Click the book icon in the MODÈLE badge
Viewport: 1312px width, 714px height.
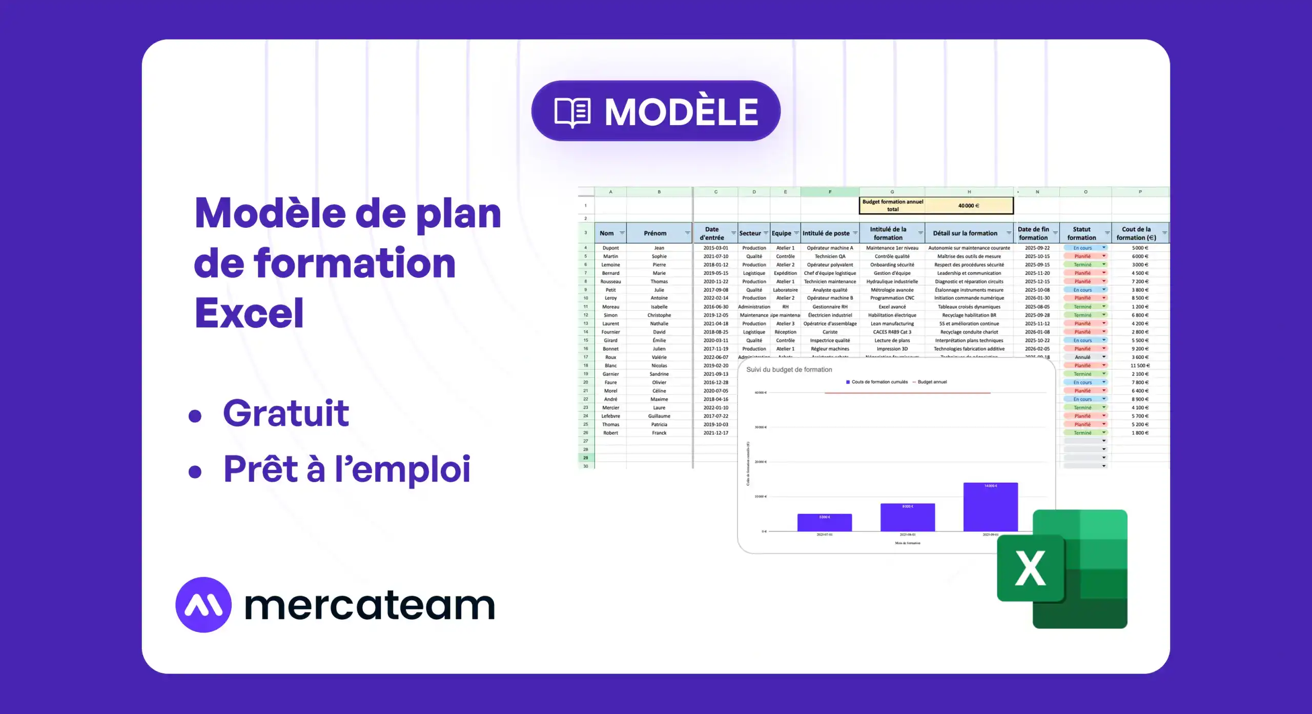(x=572, y=112)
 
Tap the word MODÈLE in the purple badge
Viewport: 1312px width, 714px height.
(x=681, y=112)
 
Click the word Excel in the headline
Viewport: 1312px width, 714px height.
(x=249, y=313)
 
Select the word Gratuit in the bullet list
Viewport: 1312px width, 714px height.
(x=286, y=413)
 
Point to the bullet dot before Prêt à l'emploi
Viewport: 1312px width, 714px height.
(x=195, y=471)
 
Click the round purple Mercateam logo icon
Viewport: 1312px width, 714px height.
(x=203, y=605)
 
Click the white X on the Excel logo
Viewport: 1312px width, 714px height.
(x=1030, y=568)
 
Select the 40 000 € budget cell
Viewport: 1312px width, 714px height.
(x=969, y=206)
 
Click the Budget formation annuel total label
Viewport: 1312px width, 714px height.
(x=892, y=206)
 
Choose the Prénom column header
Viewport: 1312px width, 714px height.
(x=655, y=233)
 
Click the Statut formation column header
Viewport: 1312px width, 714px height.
(x=1081, y=233)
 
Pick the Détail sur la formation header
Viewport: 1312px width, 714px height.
(x=965, y=233)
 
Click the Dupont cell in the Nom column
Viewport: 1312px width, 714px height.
(x=610, y=248)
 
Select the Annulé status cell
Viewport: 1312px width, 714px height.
(x=1082, y=358)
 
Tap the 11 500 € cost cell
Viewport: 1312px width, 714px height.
(x=1140, y=366)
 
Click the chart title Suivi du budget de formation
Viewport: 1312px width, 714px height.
(x=789, y=370)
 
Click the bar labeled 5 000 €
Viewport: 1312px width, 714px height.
(x=824, y=523)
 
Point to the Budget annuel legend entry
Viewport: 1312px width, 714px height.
(x=932, y=382)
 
